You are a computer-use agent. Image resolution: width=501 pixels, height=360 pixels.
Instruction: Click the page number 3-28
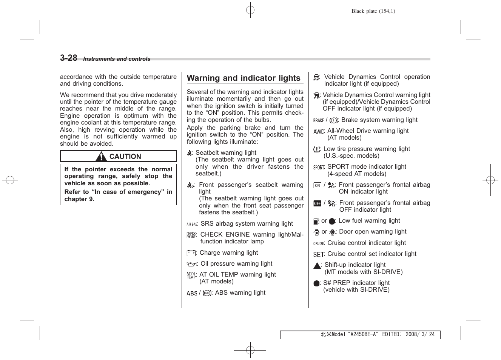coord(68,58)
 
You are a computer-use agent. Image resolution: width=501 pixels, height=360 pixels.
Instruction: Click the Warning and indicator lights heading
coord(244,78)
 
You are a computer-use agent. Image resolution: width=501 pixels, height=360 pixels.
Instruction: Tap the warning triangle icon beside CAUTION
coord(101,156)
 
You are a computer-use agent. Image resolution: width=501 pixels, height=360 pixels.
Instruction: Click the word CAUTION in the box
coord(125,157)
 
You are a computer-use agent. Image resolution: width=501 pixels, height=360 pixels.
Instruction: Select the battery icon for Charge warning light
coord(191,253)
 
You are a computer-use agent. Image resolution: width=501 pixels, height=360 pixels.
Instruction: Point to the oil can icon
coord(192,264)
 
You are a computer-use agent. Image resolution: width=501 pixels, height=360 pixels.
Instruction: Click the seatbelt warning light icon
coord(190,153)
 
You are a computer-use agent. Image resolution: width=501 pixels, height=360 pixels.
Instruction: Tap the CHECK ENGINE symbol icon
coord(191,235)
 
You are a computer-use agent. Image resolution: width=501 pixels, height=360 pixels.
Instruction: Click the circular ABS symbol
coord(207,293)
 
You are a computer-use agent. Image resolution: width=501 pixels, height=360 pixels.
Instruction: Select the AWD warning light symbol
coord(319,131)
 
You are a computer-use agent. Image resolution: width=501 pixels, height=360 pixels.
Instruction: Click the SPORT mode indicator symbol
coord(319,167)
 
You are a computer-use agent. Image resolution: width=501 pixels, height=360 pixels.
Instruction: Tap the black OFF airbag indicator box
coord(317,203)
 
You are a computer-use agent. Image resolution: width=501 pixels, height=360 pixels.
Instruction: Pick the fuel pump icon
coord(316,222)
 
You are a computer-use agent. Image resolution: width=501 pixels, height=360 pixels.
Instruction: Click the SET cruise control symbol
coord(319,254)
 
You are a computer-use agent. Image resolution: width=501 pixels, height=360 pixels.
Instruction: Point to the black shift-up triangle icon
coord(317,266)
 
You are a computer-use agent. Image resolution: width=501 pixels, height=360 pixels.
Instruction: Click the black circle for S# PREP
coord(316,283)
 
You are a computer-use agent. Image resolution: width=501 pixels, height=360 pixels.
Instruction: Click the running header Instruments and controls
coord(117,59)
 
